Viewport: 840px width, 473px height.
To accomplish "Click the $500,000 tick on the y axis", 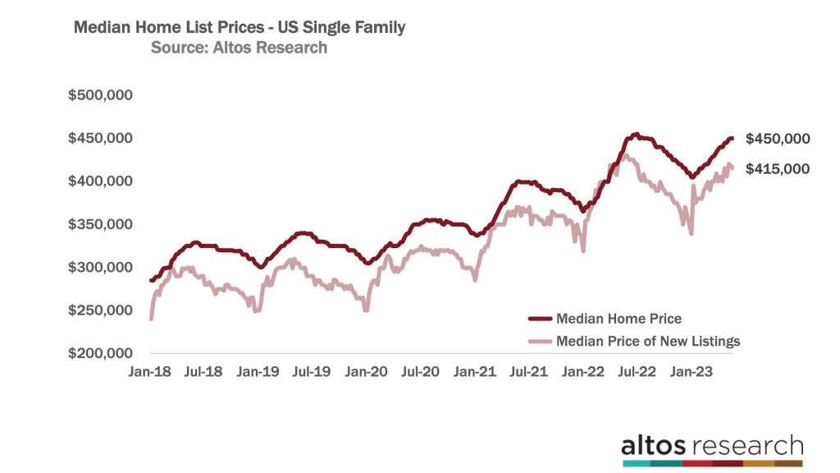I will [x=101, y=94].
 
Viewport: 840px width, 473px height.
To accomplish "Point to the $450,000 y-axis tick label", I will [x=101, y=138].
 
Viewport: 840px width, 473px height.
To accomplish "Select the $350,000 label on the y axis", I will [x=101, y=224].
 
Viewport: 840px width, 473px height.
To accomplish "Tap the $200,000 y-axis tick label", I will [x=101, y=354].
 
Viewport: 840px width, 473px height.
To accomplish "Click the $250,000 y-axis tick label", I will [x=101, y=310].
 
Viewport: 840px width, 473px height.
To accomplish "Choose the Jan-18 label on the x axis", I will [x=149, y=371].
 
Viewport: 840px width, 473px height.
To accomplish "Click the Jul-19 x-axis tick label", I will [x=312, y=371].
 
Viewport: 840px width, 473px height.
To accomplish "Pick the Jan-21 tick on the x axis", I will [x=475, y=371].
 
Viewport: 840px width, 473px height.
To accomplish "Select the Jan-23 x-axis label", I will [x=692, y=371].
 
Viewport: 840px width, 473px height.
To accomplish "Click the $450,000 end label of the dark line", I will [x=778, y=139].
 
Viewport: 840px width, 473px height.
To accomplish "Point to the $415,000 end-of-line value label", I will [x=778, y=169].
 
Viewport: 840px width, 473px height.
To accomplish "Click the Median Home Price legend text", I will [x=619, y=319].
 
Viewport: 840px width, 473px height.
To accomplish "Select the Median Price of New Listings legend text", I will [x=647, y=341].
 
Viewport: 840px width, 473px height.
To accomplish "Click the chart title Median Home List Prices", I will [x=240, y=27].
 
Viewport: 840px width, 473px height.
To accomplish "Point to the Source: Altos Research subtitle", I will [x=239, y=48].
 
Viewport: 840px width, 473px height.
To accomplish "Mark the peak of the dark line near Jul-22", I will [x=635, y=134].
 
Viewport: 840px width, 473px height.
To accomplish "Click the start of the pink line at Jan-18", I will [x=151, y=319].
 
